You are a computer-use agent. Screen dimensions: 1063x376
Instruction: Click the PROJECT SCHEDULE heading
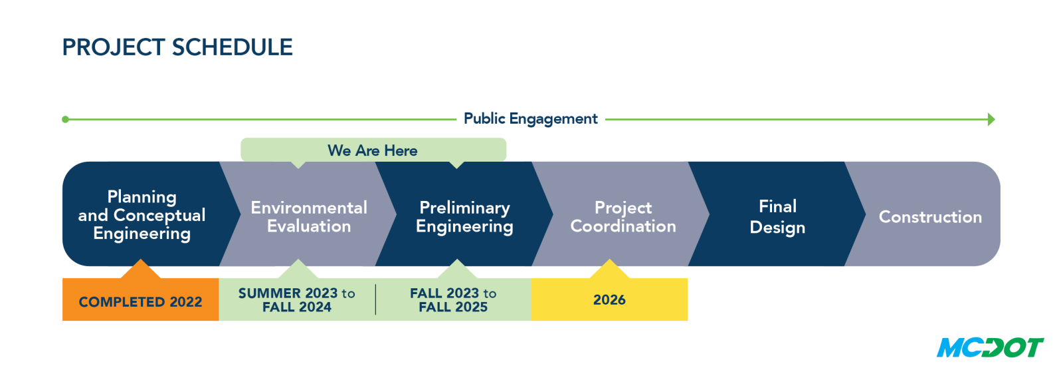point(177,47)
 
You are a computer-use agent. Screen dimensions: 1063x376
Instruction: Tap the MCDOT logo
point(990,347)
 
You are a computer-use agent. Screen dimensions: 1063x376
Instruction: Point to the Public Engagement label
point(531,119)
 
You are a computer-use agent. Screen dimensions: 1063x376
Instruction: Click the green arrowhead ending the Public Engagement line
point(991,119)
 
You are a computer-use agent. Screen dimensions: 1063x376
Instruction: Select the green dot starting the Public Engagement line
point(66,119)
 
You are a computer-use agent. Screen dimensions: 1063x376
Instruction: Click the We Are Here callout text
point(373,150)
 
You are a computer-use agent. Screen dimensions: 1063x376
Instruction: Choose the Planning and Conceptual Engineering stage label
point(142,215)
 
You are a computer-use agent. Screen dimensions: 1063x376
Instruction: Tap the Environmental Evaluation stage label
point(309,217)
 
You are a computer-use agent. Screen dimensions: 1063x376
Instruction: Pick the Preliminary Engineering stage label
point(464,217)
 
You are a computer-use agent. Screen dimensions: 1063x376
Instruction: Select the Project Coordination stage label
point(623,217)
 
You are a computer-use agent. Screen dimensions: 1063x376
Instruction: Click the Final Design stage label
point(777,217)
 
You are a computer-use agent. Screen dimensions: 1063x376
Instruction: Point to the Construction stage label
point(930,217)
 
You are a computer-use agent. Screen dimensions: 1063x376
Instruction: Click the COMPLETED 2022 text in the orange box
point(140,302)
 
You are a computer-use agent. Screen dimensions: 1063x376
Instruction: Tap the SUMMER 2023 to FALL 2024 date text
point(296,300)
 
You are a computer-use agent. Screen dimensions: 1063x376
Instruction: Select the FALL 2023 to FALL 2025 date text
point(453,300)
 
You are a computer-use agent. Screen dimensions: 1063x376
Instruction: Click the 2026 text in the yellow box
point(609,300)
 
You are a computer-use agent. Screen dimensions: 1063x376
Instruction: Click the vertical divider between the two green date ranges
point(375,299)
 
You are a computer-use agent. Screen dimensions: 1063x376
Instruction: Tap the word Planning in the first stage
point(142,197)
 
